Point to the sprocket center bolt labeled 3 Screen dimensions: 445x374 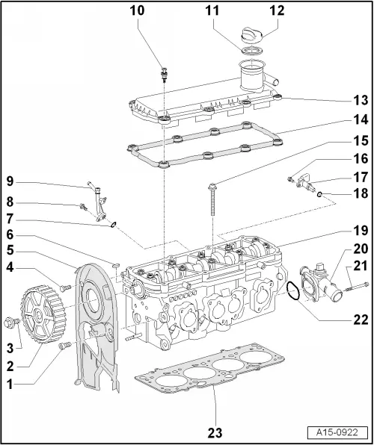[12, 343]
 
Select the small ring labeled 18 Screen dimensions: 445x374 [320, 196]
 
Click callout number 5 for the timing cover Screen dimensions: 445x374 [11, 249]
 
